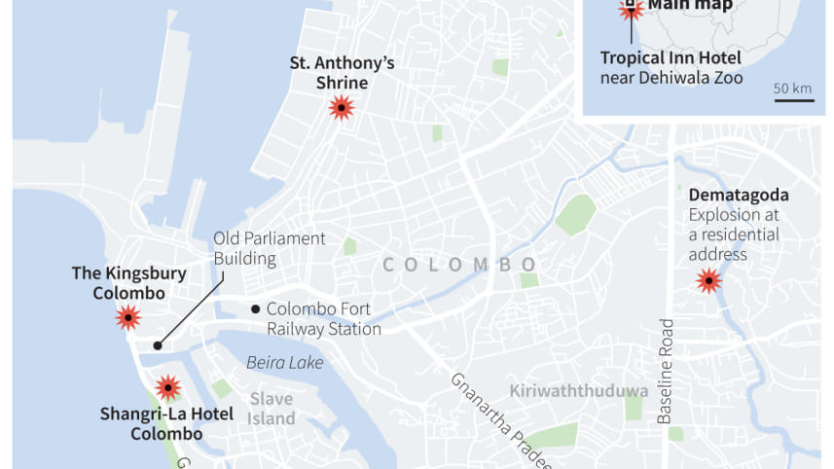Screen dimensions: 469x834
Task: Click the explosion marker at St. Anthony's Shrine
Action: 341,107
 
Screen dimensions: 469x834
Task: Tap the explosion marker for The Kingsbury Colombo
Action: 127,316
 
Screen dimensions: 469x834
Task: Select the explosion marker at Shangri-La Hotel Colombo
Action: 168,387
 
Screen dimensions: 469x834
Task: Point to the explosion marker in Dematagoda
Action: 708,282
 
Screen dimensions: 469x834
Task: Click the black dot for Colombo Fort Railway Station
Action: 256,309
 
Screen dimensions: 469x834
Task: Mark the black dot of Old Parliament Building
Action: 158,344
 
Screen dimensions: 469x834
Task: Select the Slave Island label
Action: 272,409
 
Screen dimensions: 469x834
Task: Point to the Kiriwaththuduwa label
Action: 579,390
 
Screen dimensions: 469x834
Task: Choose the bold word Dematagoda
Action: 739,195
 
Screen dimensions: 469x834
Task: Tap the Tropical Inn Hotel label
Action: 671,57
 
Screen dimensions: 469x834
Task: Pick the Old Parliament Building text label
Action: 270,249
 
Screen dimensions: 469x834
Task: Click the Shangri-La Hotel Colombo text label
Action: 166,423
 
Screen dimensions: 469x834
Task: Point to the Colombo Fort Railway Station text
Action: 323,319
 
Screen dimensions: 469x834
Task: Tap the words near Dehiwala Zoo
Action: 671,77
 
